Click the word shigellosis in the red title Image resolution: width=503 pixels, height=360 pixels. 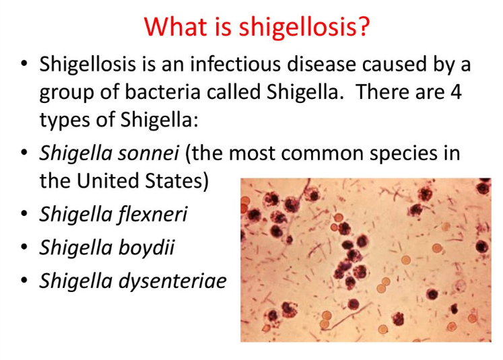[298, 27]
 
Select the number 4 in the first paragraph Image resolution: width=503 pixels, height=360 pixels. [456, 92]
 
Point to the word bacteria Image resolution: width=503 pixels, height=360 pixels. [162, 92]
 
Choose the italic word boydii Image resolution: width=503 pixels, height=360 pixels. [147, 248]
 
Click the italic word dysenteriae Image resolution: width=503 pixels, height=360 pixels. [172, 281]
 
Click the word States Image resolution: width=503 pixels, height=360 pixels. [173, 180]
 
